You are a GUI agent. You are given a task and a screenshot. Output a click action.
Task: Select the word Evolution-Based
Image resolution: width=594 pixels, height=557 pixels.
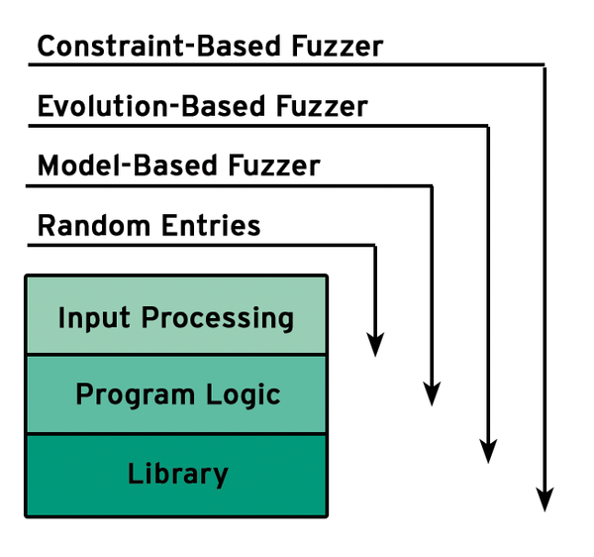coord(151,106)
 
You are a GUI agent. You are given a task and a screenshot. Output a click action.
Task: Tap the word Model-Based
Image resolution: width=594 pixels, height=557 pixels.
coord(128,166)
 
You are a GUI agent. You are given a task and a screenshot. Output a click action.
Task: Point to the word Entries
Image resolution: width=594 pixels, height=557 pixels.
coord(212,226)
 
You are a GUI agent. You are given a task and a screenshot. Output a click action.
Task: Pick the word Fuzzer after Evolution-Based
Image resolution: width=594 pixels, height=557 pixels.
coord(322,106)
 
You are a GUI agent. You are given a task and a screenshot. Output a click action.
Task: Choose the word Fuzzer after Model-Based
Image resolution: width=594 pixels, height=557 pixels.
coord(274,166)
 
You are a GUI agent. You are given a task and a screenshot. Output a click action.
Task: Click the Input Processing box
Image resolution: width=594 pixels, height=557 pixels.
coord(176,315)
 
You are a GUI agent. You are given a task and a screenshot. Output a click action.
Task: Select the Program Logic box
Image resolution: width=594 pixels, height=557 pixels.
coord(176,394)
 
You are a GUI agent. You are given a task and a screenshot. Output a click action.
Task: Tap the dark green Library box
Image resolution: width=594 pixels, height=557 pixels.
coord(176,476)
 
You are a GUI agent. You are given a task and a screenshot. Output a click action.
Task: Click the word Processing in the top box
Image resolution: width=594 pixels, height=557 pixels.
coord(218,319)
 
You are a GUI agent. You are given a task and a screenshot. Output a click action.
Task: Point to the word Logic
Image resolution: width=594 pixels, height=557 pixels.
coord(244,395)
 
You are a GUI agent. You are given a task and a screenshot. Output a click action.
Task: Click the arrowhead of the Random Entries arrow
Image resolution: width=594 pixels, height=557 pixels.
coord(375,344)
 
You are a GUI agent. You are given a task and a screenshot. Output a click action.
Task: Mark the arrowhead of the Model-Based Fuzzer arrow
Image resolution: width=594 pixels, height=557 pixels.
coord(432,393)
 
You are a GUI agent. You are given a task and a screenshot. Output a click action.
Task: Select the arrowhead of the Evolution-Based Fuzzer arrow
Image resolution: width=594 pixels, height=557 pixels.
coord(488,451)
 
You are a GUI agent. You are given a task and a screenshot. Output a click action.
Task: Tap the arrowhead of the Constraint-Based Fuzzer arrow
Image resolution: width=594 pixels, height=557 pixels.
coord(544,500)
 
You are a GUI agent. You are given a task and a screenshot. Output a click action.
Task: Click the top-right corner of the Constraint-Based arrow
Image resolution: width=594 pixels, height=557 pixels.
coord(544,64)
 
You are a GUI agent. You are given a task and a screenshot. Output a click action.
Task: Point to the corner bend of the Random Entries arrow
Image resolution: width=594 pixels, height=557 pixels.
coord(375,246)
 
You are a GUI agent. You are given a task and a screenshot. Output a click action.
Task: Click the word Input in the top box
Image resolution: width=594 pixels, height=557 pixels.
coord(94,319)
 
